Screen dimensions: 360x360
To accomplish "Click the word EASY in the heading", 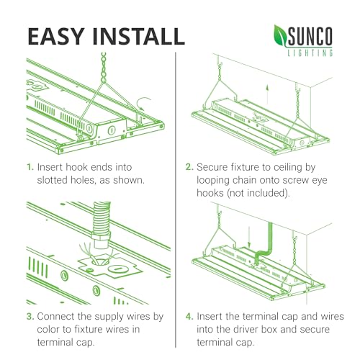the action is (x=56, y=37).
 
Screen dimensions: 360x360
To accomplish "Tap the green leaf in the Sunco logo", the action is (x=281, y=35).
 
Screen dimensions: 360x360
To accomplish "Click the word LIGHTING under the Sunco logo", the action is (x=310, y=53).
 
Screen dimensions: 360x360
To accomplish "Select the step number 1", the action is (x=30, y=167).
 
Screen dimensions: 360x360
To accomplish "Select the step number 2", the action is (x=189, y=167).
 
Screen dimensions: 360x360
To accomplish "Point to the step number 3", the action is (x=30, y=316).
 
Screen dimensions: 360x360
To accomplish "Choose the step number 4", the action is (x=189, y=316).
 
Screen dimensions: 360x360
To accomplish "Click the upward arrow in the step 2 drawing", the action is (x=267, y=94).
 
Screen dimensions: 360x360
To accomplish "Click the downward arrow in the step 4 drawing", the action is (x=249, y=237).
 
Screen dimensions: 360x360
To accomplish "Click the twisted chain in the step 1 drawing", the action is (x=104, y=68).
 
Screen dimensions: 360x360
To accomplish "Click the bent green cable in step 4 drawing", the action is (x=264, y=243).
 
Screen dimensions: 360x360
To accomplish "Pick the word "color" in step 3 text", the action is (x=48, y=329).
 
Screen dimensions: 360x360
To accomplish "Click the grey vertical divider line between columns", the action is (x=176, y=199).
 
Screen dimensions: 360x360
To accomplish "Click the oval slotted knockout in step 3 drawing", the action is (x=117, y=269).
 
